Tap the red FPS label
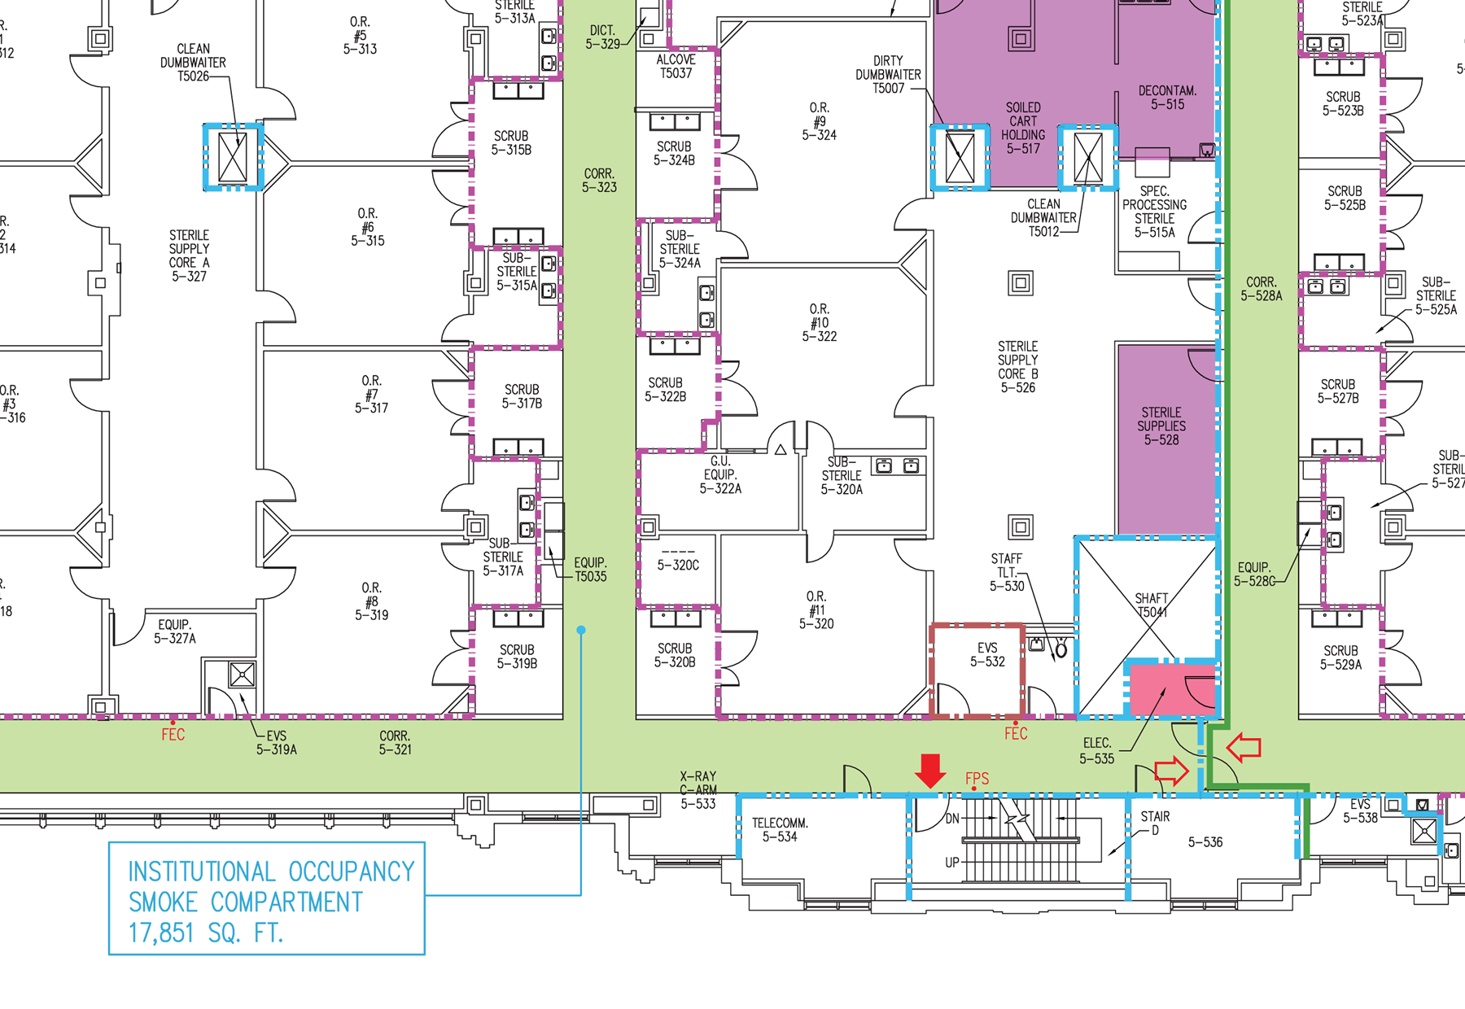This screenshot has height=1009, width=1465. pyautogui.click(x=977, y=779)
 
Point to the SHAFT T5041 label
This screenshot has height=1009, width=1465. pyautogui.click(x=1152, y=605)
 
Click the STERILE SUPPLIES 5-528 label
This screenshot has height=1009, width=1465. pyautogui.click(x=1161, y=426)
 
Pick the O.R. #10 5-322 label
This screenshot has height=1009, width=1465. pyautogui.click(x=819, y=322)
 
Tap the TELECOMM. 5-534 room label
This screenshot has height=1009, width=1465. pyautogui.click(x=780, y=830)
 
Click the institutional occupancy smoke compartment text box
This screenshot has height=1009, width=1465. pyautogui.click(x=267, y=898)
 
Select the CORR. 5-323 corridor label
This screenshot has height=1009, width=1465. pyautogui.click(x=599, y=181)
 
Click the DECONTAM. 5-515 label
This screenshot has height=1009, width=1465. pyautogui.click(x=1167, y=98)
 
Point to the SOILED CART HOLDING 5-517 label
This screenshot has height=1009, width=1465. pyautogui.click(x=1023, y=128)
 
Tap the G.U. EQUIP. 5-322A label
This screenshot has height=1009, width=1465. pyautogui.click(x=720, y=474)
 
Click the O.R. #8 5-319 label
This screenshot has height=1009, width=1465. pyautogui.click(x=371, y=601)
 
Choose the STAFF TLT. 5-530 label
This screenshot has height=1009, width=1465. pyautogui.click(x=1007, y=572)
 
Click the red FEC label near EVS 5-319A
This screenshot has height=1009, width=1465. pyautogui.click(x=173, y=735)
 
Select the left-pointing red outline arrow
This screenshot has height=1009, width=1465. pyautogui.click(x=1243, y=746)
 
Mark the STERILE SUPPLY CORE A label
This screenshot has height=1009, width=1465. pyautogui.click(x=189, y=256)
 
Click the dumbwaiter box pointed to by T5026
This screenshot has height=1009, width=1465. pyautogui.click(x=233, y=157)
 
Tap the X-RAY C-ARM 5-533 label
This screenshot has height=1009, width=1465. pyautogui.click(x=698, y=790)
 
